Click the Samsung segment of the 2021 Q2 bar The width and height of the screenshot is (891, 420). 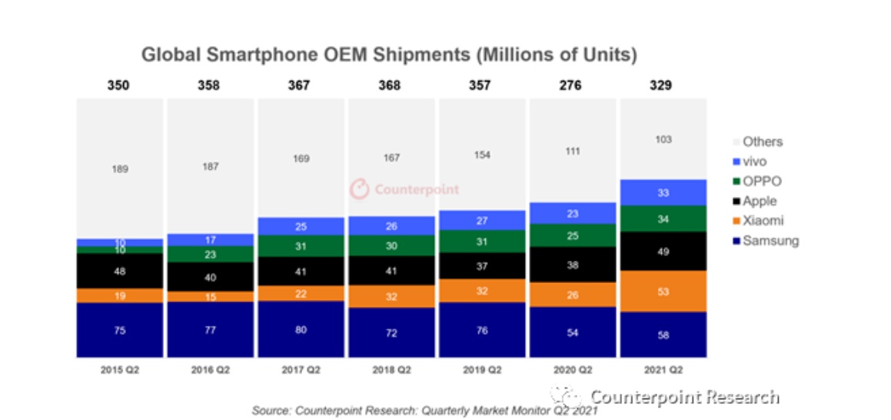(663, 335)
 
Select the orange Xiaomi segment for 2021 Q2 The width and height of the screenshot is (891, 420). (663, 291)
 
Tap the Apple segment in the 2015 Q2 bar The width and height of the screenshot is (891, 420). (119, 271)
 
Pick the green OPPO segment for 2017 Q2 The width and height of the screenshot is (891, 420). (300, 245)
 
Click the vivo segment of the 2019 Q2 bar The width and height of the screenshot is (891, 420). (481, 221)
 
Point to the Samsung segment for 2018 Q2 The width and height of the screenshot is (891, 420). (391, 332)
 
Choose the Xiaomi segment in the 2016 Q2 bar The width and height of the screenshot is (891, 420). (209, 297)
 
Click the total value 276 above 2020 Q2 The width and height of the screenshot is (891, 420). (572, 85)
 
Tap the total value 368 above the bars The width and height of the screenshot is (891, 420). (391, 85)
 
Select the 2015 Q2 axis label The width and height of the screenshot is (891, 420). (119, 370)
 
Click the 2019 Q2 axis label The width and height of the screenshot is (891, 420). (481, 370)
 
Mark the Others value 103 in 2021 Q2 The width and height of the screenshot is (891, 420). (663, 139)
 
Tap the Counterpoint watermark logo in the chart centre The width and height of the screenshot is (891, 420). (359, 188)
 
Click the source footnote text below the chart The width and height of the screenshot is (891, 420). (424, 411)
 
